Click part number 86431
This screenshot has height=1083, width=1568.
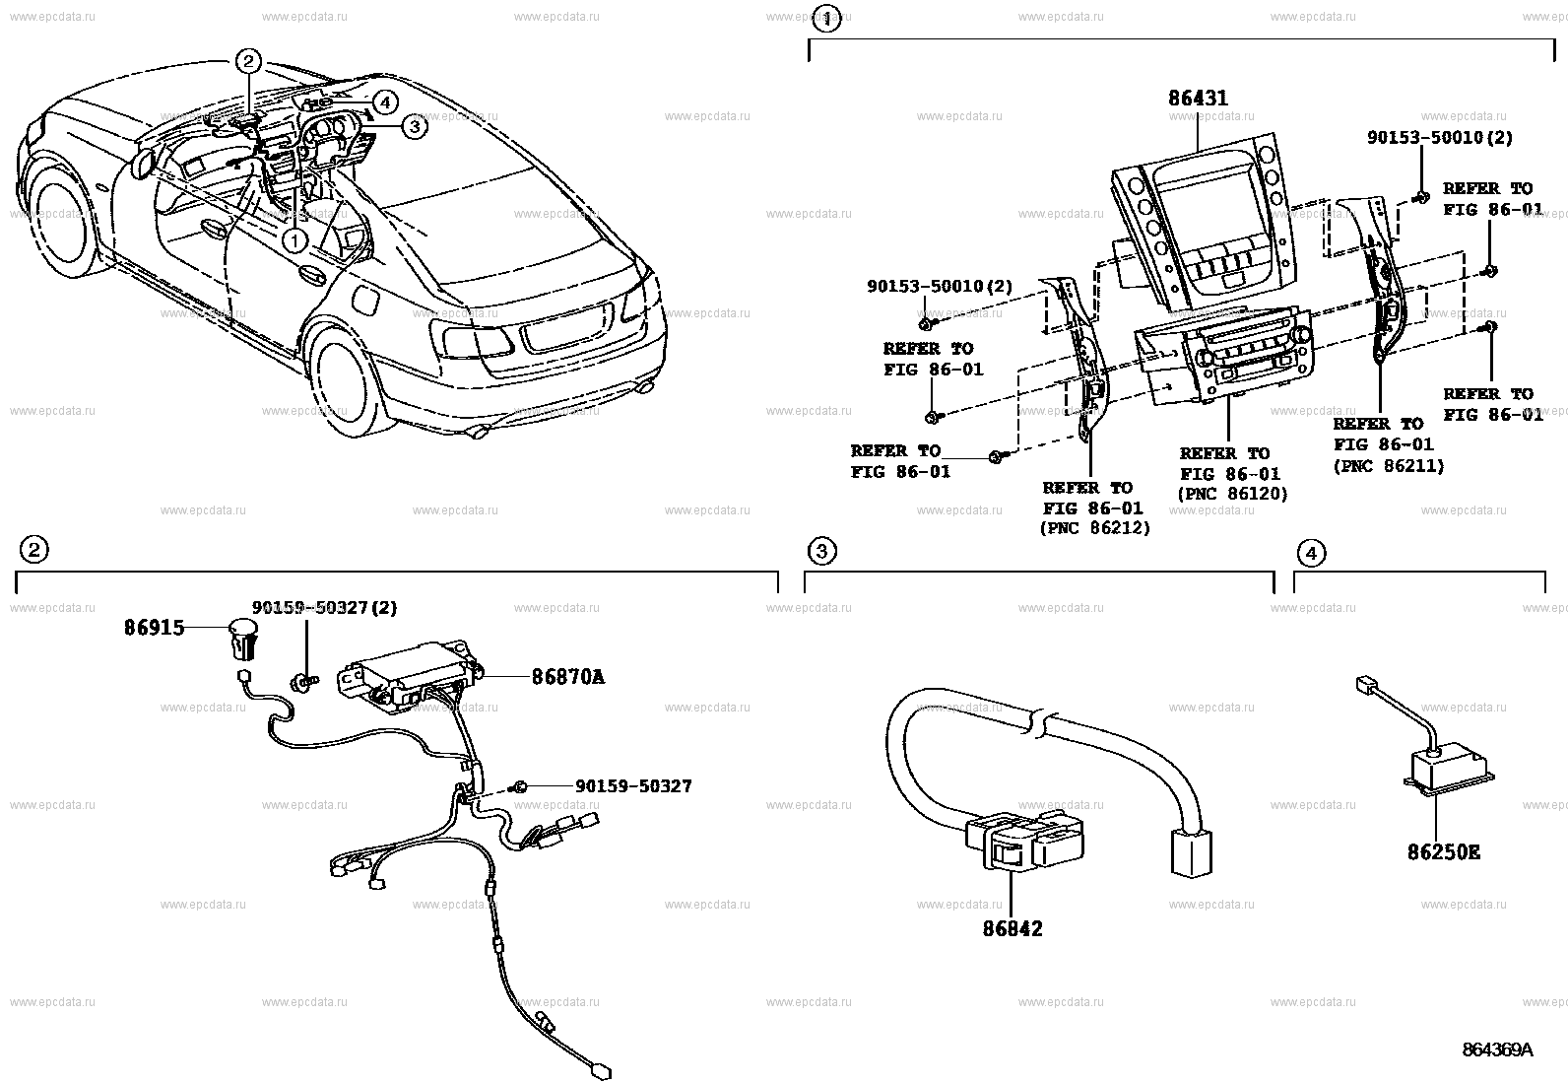pyautogui.click(x=1198, y=99)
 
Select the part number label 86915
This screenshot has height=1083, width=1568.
pyautogui.click(x=154, y=627)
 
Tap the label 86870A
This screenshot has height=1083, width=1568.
pyautogui.click(x=567, y=677)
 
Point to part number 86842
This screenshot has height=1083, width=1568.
pyautogui.click(x=1012, y=928)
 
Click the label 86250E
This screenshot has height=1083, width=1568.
pyautogui.click(x=1443, y=851)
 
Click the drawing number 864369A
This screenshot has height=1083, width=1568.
pyautogui.click(x=1497, y=1049)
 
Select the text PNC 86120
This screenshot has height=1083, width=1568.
pyautogui.click(x=1232, y=494)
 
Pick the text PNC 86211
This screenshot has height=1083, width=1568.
pyautogui.click(x=1389, y=466)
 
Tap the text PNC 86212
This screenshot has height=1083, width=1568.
pyautogui.click(x=1094, y=528)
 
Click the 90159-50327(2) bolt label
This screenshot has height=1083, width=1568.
pyautogui.click(x=324, y=608)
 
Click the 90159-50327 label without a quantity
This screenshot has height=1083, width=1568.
pyautogui.click(x=633, y=785)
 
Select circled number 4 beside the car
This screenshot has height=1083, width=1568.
pyautogui.click(x=384, y=102)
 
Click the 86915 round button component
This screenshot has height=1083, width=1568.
pyautogui.click(x=243, y=636)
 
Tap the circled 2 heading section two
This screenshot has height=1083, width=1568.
pyautogui.click(x=33, y=550)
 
